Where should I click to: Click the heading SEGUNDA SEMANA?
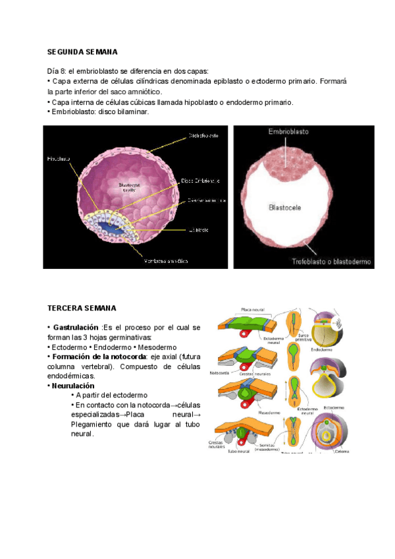click(82, 51)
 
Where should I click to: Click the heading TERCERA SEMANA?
click(82, 308)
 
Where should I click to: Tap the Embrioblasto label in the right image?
click(288, 132)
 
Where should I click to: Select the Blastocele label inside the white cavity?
click(285, 207)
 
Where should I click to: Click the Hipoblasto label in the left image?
click(59, 159)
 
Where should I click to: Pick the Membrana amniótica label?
click(165, 261)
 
